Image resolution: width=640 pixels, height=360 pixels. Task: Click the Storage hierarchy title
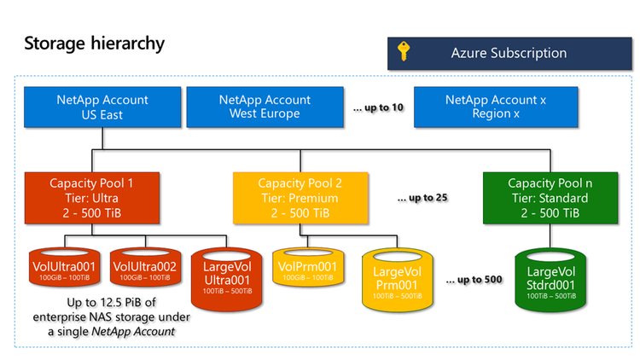(94, 43)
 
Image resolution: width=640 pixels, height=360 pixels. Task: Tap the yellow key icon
(404, 53)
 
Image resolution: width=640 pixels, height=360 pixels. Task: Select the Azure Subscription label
(509, 53)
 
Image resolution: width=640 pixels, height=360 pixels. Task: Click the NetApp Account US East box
(102, 107)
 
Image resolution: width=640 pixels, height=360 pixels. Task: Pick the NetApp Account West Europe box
(259, 107)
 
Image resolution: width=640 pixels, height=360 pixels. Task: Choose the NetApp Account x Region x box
(495, 107)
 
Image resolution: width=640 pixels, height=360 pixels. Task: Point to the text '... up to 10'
(378, 107)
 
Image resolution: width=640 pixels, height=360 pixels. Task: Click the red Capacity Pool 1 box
(91, 197)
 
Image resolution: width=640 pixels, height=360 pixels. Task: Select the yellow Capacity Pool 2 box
(300, 197)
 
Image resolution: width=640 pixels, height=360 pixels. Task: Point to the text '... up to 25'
(423, 198)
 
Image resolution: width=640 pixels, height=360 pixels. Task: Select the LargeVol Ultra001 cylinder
(225, 274)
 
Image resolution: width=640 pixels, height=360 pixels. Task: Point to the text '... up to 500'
(474, 279)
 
